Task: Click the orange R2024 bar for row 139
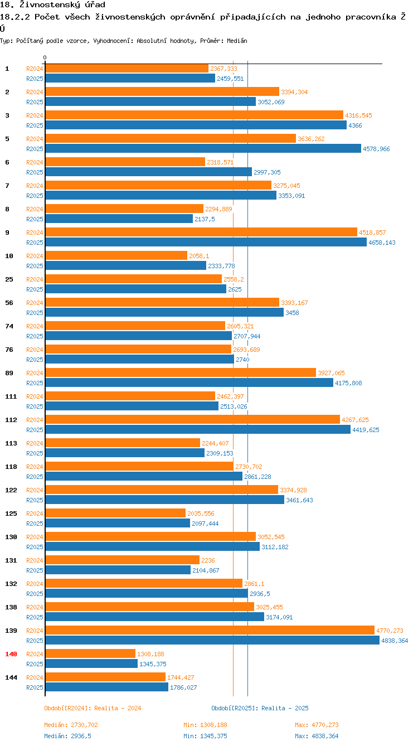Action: click(210, 630)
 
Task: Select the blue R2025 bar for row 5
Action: click(203, 148)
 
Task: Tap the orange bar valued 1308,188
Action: click(90, 653)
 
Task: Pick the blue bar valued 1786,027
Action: click(106, 687)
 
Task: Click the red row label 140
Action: click(11, 653)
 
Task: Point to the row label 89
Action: click(9, 372)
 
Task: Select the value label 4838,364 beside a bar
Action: click(394, 641)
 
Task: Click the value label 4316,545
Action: click(358, 115)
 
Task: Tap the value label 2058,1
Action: click(199, 256)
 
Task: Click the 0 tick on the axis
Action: click(45, 57)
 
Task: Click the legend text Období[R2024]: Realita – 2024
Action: click(93, 708)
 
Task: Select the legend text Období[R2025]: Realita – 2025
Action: click(260, 708)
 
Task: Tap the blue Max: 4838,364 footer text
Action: click(317, 736)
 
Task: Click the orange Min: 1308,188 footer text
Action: click(205, 725)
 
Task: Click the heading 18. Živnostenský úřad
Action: click(52, 5)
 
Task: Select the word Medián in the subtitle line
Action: click(236, 41)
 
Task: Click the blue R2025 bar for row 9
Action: click(206, 242)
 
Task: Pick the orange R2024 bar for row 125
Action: click(115, 513)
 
